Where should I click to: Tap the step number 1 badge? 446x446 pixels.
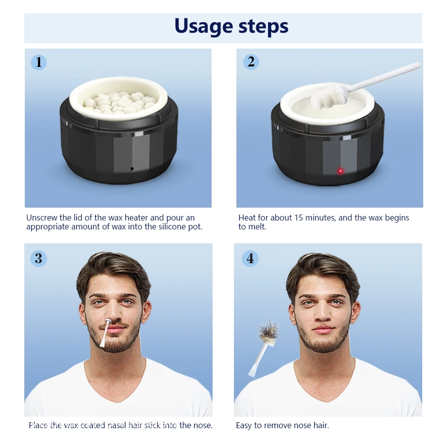coord(39,62)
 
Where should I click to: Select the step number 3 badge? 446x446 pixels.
coord(39,258)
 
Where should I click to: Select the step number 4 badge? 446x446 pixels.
coord(250,258)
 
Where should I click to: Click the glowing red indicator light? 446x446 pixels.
coord(340,171)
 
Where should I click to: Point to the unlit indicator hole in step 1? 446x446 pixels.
coord(132,169)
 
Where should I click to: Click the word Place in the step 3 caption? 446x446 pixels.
coord(38,425)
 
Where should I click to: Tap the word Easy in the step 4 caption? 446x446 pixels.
coord(244,425)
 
